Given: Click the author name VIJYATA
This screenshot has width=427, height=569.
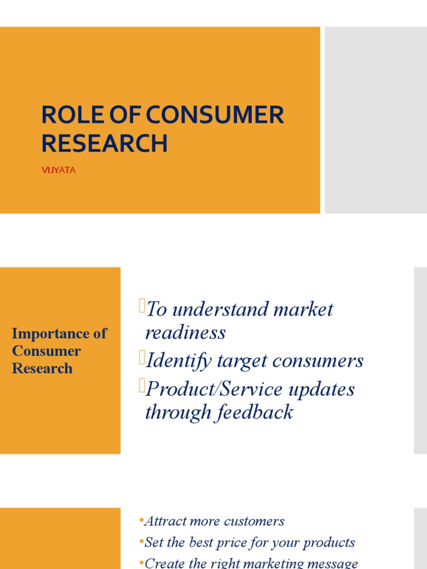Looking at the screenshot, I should [58, 171].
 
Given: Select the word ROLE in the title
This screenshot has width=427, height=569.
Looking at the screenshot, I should [69, 115].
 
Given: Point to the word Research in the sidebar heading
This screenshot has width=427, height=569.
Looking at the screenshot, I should [42, 368].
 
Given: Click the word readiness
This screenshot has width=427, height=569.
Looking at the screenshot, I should [185, 333].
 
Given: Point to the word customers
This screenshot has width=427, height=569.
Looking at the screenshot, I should [254, 521].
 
